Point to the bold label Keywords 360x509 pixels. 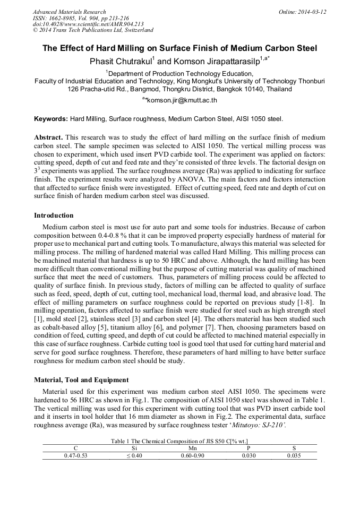point(51,119)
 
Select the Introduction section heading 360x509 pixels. point(54,215)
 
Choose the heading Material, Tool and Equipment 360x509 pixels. point(81,379)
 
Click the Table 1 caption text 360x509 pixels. point(179,441)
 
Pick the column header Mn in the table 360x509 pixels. point(179,448)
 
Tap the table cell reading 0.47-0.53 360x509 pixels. point(75,455)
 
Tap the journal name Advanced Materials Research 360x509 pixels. point(69,12)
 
